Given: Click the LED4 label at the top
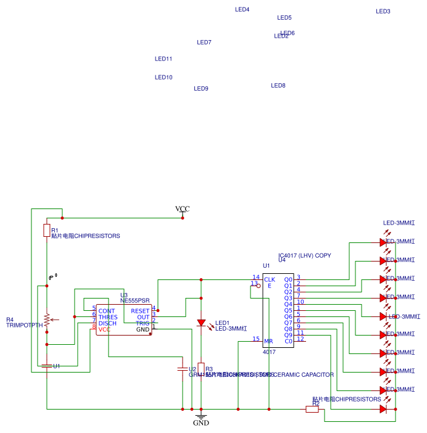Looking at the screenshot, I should coord(242,10).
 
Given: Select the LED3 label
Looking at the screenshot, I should coord(383,12).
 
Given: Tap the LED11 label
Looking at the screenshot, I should coord(163,59).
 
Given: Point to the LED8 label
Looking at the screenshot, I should coord(278,86).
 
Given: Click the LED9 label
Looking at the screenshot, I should coord(201,89).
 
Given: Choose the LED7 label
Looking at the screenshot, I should coord(204,43).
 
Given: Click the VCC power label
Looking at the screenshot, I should coord(182,209).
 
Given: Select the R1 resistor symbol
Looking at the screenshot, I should coord(46,231).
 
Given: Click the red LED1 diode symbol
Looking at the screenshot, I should coord(201,323).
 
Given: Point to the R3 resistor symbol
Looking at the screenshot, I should coord(201,368).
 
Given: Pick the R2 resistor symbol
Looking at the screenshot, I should coord(312,408).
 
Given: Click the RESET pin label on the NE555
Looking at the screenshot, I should coord(140,311).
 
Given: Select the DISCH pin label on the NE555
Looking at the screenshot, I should coord(107,323).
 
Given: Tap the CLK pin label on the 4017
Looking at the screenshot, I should coord(269,279).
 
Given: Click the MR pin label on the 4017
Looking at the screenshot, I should coord(268,341).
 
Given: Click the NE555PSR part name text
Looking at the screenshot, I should coord(135,300).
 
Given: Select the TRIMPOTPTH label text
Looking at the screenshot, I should coord(24,325).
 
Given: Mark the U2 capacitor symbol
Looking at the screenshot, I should coord(182,369).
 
